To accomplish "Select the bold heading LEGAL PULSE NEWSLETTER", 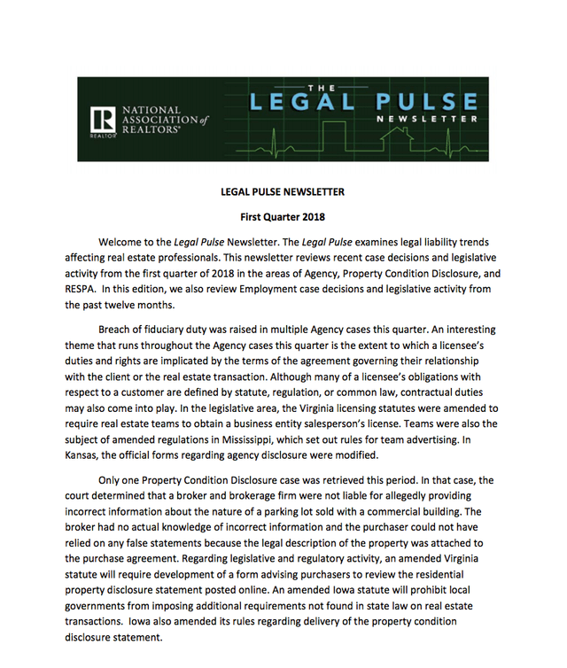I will click(x=283, y=192).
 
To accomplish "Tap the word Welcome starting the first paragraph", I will click(x=122, y=242).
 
